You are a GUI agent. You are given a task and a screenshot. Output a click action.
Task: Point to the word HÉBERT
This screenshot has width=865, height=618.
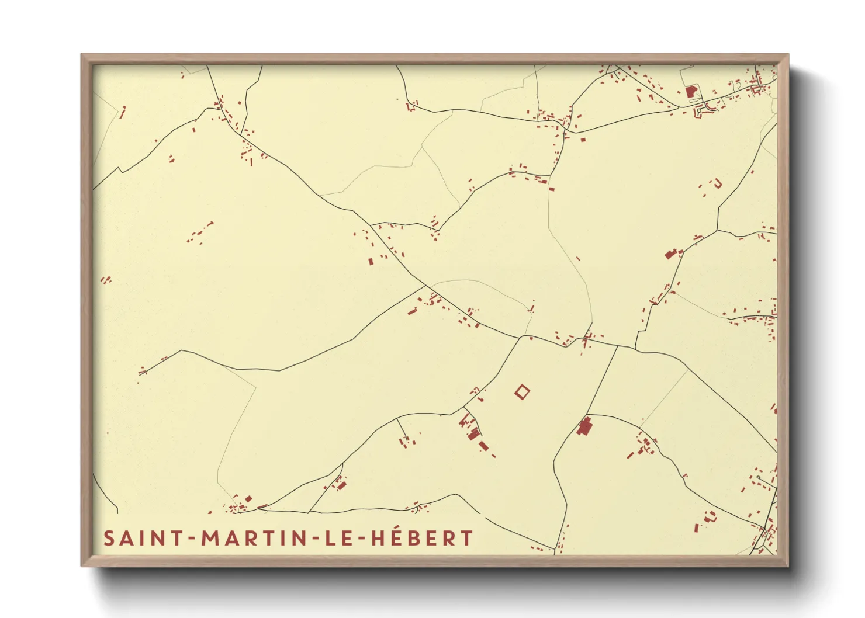coord(422,538)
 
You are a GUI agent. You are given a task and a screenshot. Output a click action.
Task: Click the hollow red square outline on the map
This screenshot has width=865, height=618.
coord(522,391)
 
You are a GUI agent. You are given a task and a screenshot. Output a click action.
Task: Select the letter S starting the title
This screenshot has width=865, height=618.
coord(109,539)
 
